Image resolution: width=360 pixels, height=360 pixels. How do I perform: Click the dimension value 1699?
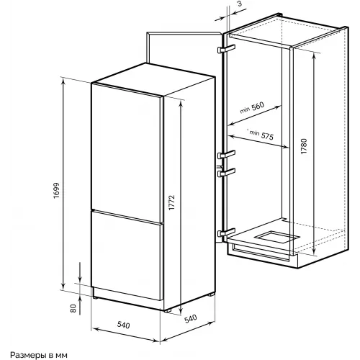point(56,191)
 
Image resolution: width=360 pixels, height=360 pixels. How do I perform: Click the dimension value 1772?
point(172,202)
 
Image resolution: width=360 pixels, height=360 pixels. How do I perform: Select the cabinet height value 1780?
point(304,146)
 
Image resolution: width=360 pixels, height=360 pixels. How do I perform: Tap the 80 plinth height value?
point(73,308)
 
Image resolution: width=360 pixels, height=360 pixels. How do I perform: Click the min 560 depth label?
point(252,108)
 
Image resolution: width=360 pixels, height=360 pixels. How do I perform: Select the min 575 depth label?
point(261,135)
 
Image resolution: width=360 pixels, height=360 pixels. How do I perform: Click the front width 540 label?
point(123,325)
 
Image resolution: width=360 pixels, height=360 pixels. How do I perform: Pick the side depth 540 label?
point(191,318)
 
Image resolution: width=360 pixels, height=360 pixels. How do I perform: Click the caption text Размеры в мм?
point(39,355)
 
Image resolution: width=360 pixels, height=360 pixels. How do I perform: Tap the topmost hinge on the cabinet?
point(226,49)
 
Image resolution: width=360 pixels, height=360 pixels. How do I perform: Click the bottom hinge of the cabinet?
point(226,233)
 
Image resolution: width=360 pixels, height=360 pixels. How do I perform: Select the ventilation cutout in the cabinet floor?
point(276,237)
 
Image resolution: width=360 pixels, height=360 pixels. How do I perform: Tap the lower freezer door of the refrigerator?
point(126,255)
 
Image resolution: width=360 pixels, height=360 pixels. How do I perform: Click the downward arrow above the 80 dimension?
point(80,272)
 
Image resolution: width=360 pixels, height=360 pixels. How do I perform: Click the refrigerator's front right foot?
point(167,310)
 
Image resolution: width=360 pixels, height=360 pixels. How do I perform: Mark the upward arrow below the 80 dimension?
point(80,305)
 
